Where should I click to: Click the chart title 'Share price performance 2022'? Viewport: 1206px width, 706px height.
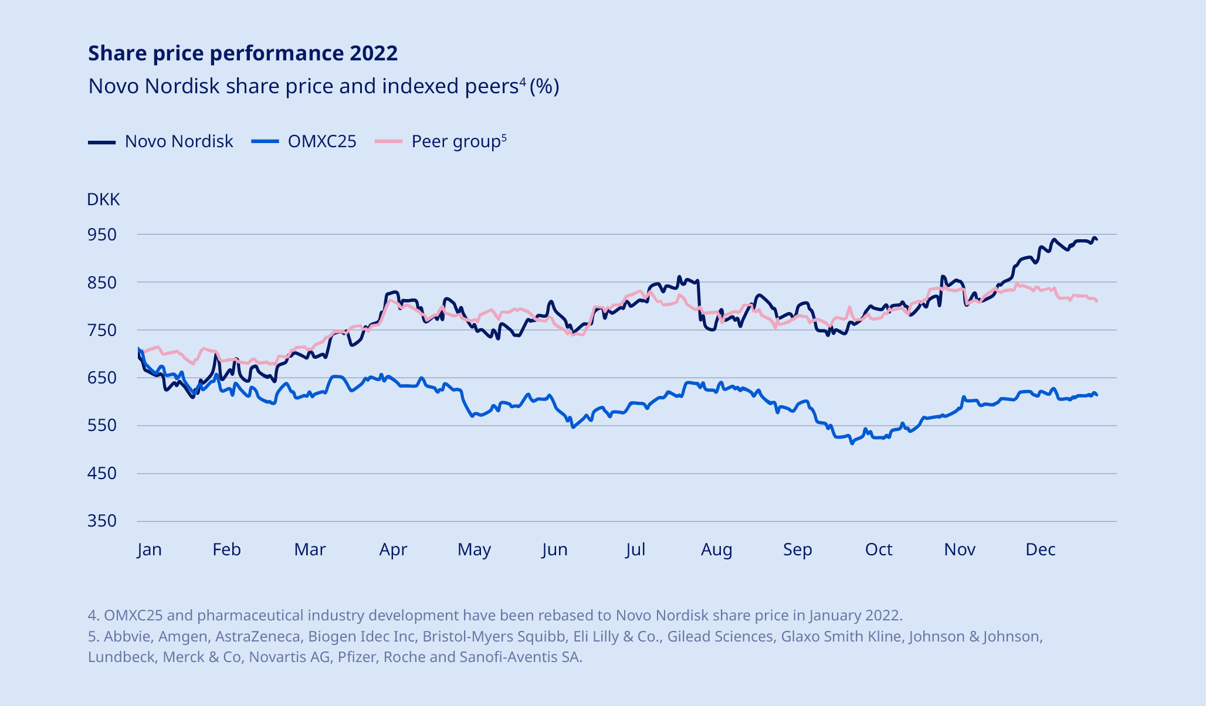pyautogui.click(x=243, y=53)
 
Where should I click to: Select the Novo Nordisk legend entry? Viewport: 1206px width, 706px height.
pyautogui.click(x=161, y=141)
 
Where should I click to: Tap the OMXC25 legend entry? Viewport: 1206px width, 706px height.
pyautogui.click(x=304, y=141)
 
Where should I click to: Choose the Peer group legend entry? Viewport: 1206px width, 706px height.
pyautogui.click(x=441, y=141)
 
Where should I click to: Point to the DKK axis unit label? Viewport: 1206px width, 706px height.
pyautogui.click(x=103, y=200)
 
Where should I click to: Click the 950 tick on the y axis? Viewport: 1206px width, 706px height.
pyautogui.click(x=102, y=235)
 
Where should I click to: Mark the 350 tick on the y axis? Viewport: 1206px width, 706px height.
pyautogui.click(x=102, y=521)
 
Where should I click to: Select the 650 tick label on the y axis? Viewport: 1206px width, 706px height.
pyautogui.click(x=102, y=378)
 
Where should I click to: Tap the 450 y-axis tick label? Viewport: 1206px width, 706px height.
pyautogui.click(x=102, y=473)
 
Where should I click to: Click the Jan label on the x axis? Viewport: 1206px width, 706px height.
pyautogui.click(x=150, y=549)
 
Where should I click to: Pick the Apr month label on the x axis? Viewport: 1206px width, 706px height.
pyautogui.click(x=393, y=549)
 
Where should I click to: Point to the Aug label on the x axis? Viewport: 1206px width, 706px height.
pyautogui.click(x=717, y=549)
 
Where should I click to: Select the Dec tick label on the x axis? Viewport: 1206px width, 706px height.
pyautogui.click(x=1041, y=549)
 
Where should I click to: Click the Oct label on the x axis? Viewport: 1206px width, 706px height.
pyautogui.click(x=879, y=549)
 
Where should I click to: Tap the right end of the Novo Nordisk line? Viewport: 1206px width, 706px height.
pyautogui.click(x=1096, y=240)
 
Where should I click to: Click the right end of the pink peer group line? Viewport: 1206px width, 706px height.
pyautogui.click(x=1096, y=301)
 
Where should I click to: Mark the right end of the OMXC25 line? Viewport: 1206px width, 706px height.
pyautogui.click(x=1096, y=395)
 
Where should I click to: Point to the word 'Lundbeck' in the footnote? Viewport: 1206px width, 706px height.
pyautogui.click(x=121, y=657)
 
